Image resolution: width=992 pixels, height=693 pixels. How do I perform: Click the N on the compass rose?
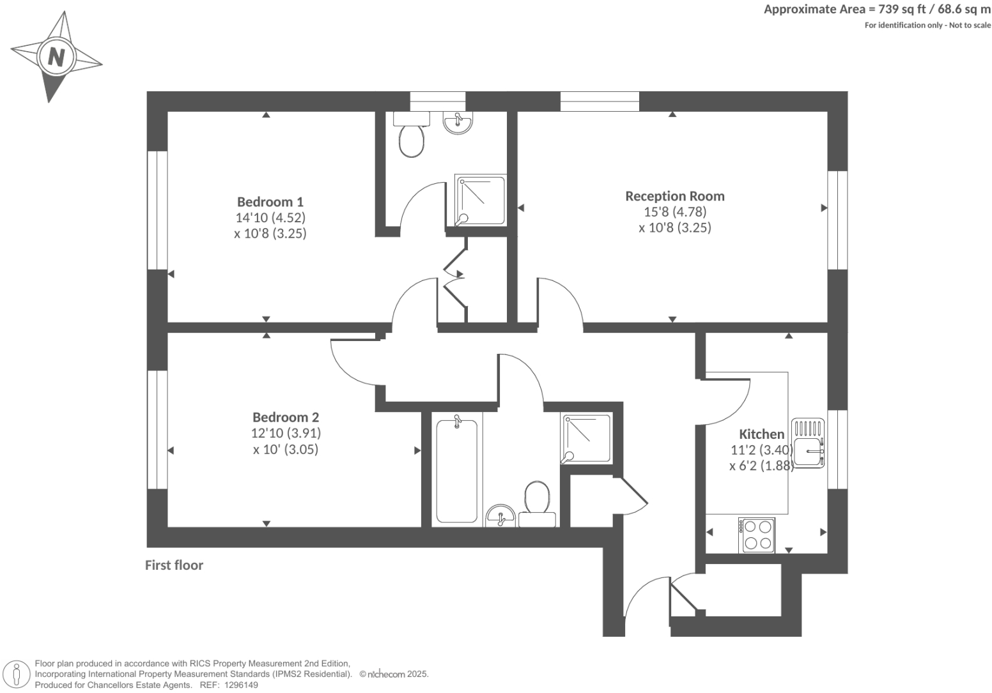coord(56,57)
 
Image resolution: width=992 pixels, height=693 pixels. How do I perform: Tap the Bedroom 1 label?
coord(270,202)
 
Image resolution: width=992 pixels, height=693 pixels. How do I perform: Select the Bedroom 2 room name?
coord(286,418)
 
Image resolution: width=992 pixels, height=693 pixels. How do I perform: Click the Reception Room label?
coord(674,196)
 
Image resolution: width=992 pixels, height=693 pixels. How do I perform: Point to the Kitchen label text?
coord(761,434)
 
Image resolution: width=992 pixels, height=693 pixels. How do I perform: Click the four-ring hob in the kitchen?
coord(757,535)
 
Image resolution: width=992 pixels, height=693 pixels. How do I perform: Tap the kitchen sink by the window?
coord(809,443)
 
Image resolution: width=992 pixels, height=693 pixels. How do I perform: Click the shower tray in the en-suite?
coord(480,200)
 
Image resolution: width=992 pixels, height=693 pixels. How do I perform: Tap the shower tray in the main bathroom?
coord(586,438)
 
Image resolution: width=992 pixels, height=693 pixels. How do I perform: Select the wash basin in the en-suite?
coord(458,123)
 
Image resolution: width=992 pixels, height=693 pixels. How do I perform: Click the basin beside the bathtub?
coord(500,515)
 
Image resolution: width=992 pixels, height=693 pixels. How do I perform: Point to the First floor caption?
coord(174,565)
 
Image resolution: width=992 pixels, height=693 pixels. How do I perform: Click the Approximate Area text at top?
coord(877,9)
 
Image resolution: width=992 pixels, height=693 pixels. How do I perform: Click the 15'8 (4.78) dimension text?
coord(674,212)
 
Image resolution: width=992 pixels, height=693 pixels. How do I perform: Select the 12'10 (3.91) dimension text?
coord(286,433)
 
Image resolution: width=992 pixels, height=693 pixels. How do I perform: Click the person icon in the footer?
coord(17,674)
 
